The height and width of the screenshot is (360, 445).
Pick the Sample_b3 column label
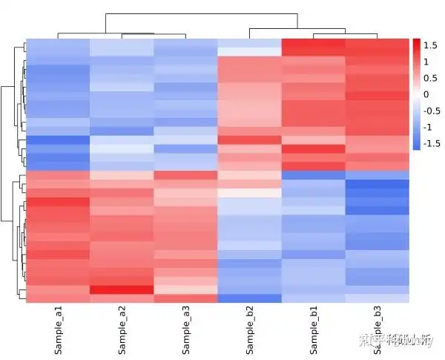378,327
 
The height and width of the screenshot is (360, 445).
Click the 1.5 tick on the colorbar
429,45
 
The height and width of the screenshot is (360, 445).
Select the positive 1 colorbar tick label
426,62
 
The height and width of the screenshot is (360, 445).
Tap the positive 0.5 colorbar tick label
429,78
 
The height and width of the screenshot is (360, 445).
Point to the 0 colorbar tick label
426,94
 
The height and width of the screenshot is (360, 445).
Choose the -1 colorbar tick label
428,127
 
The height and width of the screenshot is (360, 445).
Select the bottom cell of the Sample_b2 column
250,298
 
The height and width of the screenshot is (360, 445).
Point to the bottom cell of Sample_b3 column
378,298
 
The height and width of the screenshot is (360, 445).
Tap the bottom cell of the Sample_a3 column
185,298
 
